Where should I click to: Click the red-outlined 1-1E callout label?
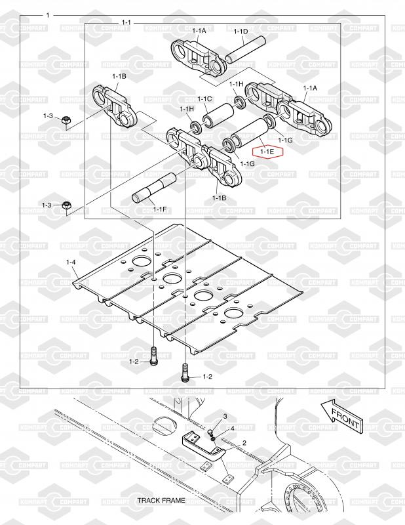click(x=267, y=152)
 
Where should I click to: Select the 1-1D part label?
click(x=241, y=31)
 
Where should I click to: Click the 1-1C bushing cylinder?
click(x=218, y=115)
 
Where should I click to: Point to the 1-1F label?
click(x=160, y=209)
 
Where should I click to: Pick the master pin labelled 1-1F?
click(x=154, y=188)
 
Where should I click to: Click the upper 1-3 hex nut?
click(x=66, y=120)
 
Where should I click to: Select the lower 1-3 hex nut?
click(x=66, y=205)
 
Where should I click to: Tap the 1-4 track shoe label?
click(x=71, y=262)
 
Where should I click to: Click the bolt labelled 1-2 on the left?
click(x=153, y=356)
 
